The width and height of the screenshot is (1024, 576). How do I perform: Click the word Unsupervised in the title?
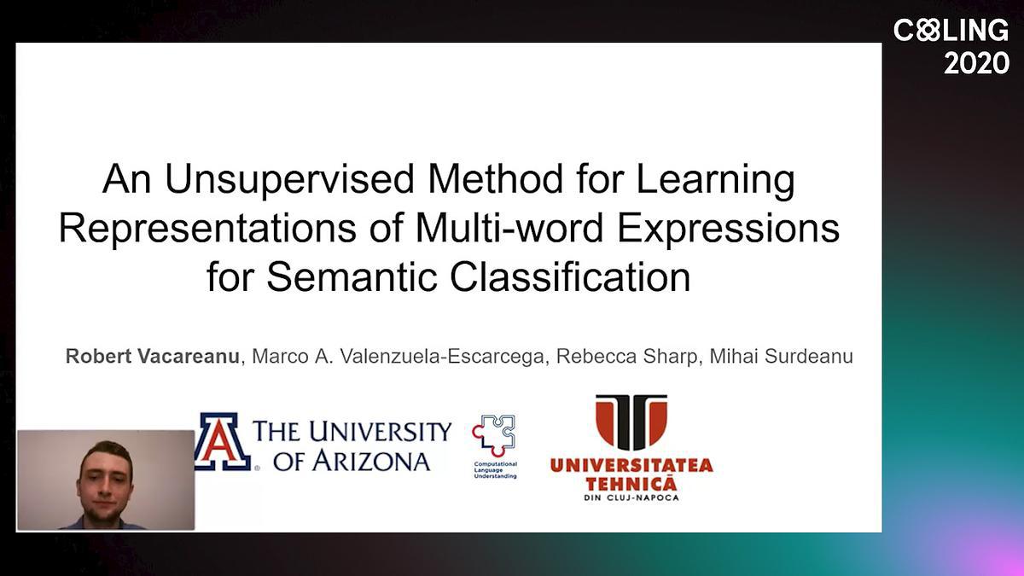coord(290,180)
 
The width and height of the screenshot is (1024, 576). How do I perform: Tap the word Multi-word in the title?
coord(509,228)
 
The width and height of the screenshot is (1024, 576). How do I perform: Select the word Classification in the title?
coord(570,276)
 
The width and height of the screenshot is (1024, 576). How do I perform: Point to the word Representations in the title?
coord(207,229)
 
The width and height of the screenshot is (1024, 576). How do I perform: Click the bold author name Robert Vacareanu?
coord(153,356)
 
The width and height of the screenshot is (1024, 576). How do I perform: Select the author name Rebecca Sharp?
coord(626,357)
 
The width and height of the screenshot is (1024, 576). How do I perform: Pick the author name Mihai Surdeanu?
coord(782,356)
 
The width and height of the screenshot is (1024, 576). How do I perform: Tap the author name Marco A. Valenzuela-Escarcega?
coord(398,357)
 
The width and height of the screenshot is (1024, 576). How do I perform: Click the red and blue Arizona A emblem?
coord(222,442)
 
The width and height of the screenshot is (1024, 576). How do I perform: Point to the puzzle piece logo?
coord(494,435)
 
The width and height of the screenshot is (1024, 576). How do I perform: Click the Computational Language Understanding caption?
coord(496,470)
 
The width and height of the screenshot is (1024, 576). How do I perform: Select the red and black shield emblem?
coord(631,422)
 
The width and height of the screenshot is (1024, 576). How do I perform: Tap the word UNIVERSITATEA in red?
coord(631,466)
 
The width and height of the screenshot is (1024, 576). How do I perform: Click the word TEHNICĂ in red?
coord(631,484)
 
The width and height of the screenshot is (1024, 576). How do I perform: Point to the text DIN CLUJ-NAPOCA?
coord(631,497)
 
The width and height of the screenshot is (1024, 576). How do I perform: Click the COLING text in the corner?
coord(951,31)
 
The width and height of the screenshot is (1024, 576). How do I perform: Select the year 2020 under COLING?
coord(976,63)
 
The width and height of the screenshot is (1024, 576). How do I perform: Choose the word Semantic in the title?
coord(351,276)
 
